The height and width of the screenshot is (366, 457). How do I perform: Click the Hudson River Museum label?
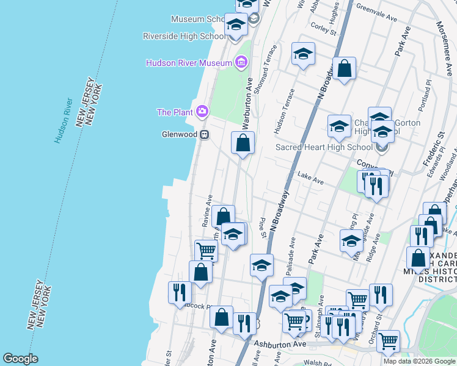(x=188, y=63)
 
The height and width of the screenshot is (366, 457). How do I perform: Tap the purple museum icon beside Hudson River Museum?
(x=241, y=62)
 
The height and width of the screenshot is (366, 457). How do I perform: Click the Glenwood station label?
(x=179, y=134)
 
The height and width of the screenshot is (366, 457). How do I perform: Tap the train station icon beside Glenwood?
(x=205, y=134)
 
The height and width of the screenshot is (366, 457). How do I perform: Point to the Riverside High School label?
(x=184, y=36)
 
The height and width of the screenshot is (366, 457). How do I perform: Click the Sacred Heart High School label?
(x=324, y=147)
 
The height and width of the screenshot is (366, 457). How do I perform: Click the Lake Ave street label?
(x=310, y=176)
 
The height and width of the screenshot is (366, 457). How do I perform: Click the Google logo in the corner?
(x=21, y=359)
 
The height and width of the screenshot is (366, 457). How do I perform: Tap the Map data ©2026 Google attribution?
(x=419, y=361)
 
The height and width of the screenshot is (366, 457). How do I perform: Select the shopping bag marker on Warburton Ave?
(x=243, y=143)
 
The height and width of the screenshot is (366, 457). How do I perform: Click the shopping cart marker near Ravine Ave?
(x=206, y=250)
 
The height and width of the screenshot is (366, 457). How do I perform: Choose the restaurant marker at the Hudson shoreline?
(x=179, y=292)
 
